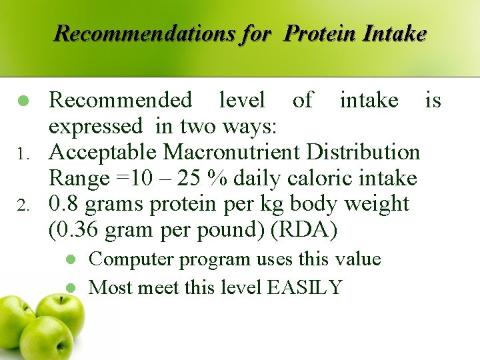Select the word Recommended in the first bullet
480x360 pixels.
121,101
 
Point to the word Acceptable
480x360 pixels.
104,152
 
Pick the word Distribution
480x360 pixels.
363,152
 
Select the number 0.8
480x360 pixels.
64,204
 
